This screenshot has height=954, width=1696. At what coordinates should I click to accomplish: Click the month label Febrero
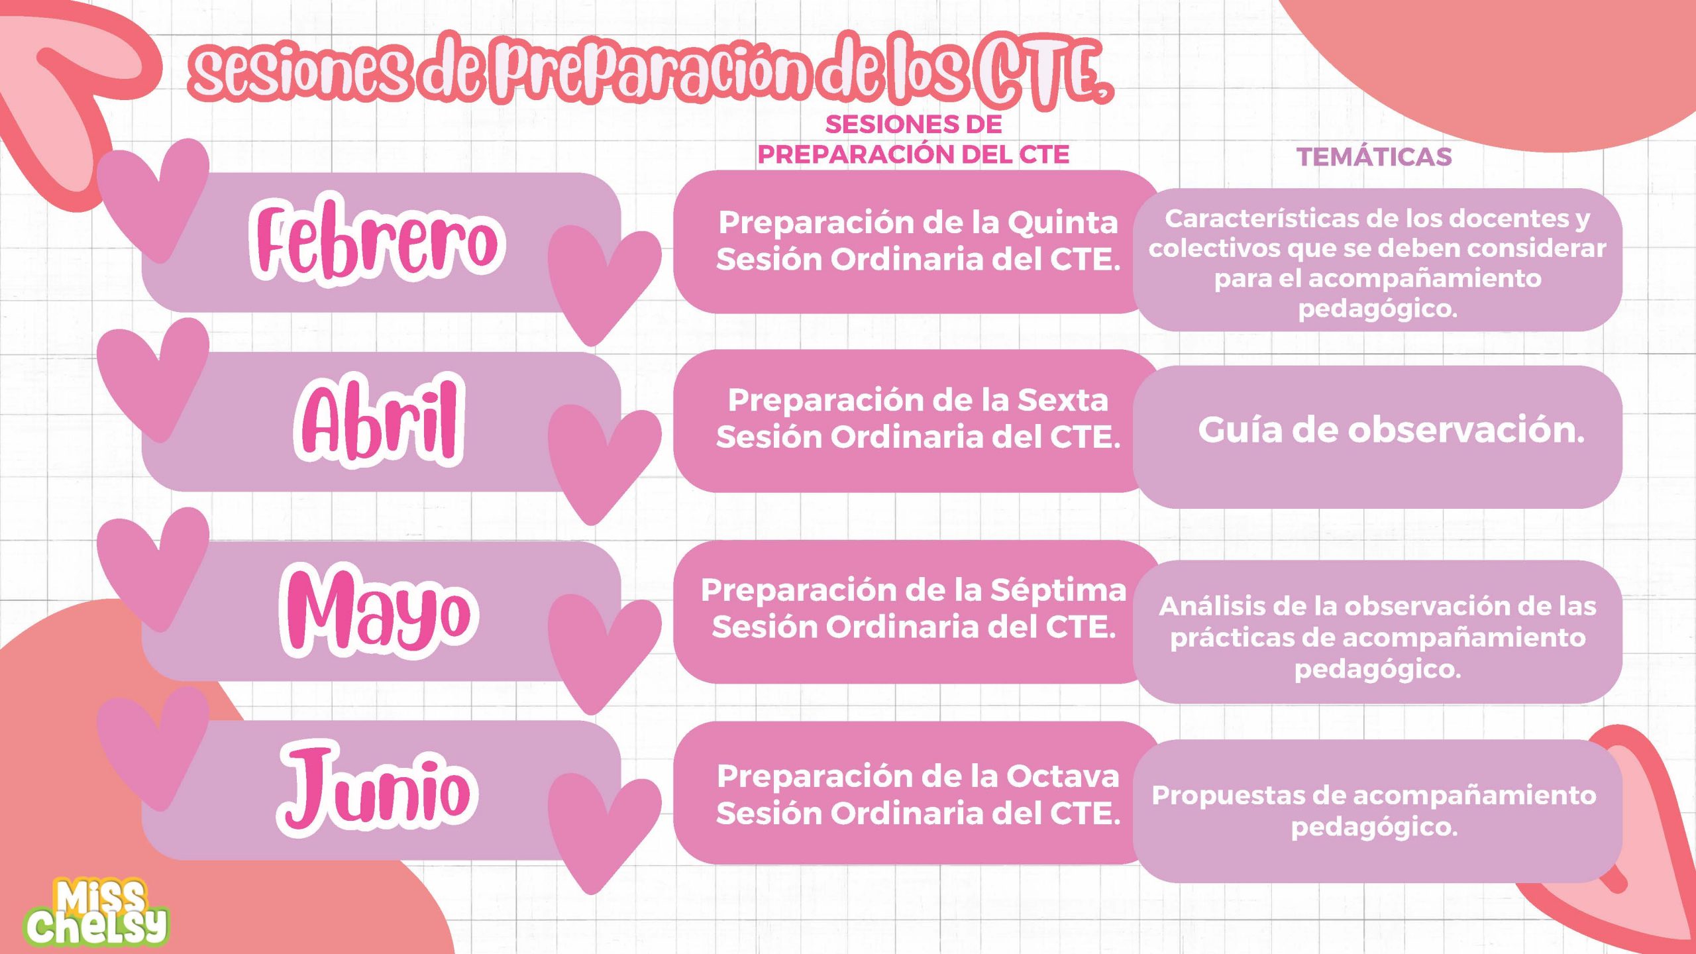click(x=376, y=241)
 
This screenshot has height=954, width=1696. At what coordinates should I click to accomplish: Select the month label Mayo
click(x=378, y=611)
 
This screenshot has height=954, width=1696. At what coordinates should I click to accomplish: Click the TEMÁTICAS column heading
click(x=1374, y=157)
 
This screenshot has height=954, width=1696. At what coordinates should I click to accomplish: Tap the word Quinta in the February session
click(x=1063, y=223)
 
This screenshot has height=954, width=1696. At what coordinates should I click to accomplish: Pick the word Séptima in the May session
click(x=1058, y=590)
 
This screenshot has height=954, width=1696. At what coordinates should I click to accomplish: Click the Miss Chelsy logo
click(x=97, y=912)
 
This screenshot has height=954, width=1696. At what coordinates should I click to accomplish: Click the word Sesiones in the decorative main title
click(x=301, y=72)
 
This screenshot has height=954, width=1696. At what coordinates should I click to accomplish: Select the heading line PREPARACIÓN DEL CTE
click(x=913, y=155)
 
